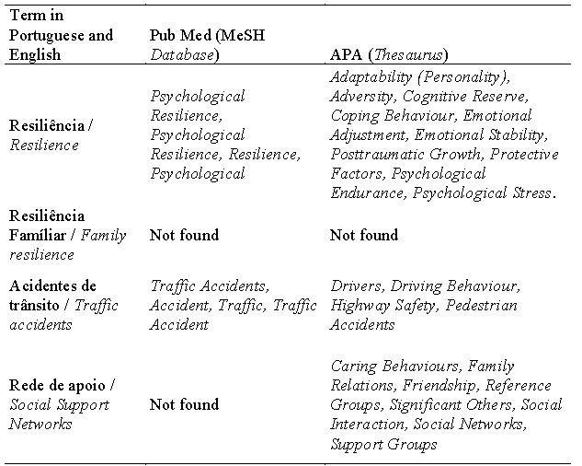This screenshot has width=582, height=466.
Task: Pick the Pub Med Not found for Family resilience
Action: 185,235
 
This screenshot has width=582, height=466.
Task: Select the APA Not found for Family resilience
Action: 365,235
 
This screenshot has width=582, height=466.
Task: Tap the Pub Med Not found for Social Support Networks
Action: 185,404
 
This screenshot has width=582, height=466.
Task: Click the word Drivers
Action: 354,285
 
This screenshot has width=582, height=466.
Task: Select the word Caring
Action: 353,366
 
